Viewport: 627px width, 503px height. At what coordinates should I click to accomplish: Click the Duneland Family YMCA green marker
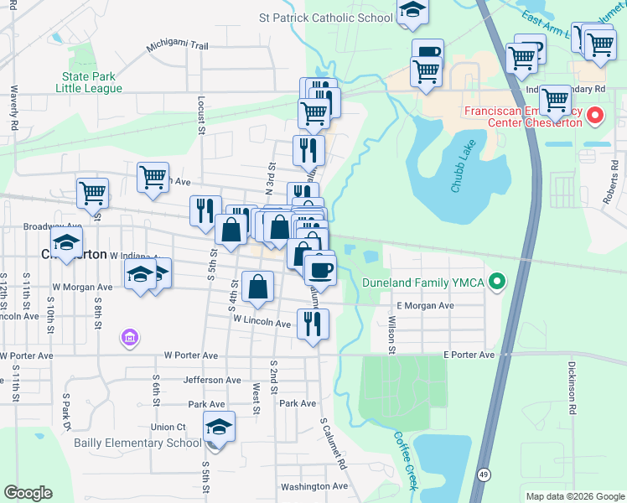(497, 282)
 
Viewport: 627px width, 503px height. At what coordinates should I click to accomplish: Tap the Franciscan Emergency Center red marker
(595, 116)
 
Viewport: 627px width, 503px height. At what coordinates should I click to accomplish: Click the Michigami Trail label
(177, 46)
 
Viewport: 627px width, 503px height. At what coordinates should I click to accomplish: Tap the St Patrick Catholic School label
(326, 18)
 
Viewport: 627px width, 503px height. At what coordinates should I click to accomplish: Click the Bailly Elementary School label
(137, 443)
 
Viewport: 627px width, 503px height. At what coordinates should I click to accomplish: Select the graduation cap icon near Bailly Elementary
(219, 428)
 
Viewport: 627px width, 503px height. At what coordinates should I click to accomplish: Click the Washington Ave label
(314, 486)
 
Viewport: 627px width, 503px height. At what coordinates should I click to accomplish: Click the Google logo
(28, 493)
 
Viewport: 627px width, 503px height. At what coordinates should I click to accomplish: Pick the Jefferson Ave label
(212, 380)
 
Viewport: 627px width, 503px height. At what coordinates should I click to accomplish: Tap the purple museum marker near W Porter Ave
(130, 339)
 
